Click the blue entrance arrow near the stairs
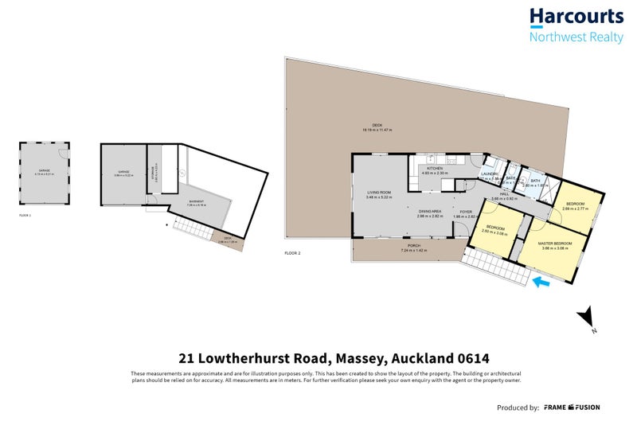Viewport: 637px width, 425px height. [x=541, y=281]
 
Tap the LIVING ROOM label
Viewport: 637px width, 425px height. [x=378, y=194]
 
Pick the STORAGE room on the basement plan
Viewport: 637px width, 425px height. [x=155, y=175]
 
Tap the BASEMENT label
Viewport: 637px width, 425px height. [x=195, y=202]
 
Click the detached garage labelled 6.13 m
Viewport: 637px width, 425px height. [x=44, y=171]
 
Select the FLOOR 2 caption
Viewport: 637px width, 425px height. [x=293, y=253]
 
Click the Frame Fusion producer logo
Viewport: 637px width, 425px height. [x=572, y=407]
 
